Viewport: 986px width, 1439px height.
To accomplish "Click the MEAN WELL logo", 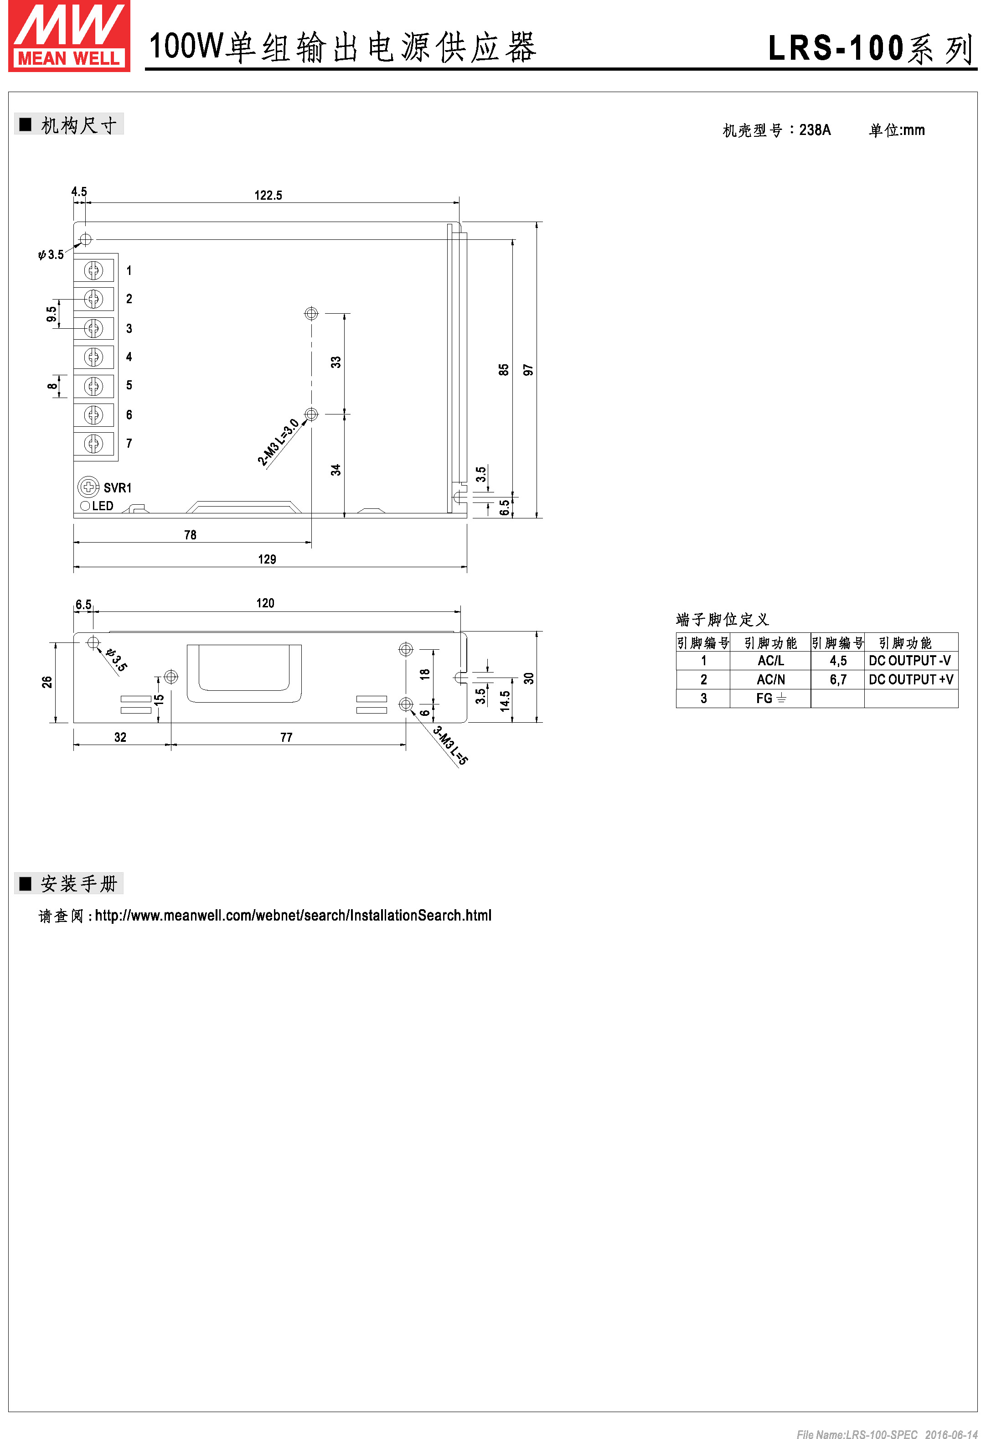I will click(69, 36).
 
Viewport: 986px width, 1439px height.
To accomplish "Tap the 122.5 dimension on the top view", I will click(268, 196).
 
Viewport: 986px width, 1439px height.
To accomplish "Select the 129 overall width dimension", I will click(267, 559).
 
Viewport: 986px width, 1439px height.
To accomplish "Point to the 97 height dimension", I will click(528, 370).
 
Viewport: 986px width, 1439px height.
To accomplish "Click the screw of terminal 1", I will click(93, 270).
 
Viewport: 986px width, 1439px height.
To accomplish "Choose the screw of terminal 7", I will click(93, 443).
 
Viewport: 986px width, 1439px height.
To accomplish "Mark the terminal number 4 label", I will click(129, 357).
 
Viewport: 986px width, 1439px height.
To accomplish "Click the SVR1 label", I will click(117, 488).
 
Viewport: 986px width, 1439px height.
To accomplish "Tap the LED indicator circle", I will click(85, 506).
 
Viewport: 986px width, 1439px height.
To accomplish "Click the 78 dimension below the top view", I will click(190, 535).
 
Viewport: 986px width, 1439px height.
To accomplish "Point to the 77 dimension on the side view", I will click(286, 737).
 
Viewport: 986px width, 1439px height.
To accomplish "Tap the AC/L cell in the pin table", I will click(770, 661).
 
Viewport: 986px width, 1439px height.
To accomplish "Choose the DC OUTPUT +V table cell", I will click(910, 679).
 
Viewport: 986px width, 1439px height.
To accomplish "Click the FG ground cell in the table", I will click(770, 699).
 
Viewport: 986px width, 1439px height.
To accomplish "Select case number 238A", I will click(815, 130).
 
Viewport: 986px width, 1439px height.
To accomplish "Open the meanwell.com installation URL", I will click(293, 915).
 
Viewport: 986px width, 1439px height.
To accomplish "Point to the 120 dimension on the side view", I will click(265, 603).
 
